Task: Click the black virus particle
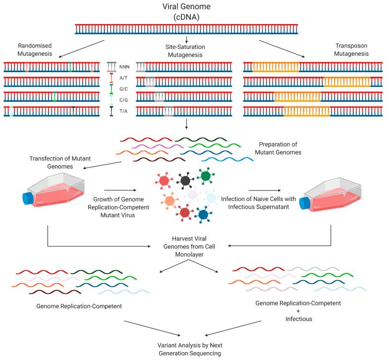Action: click(186, 181)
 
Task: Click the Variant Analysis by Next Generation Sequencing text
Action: click(190, 349)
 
